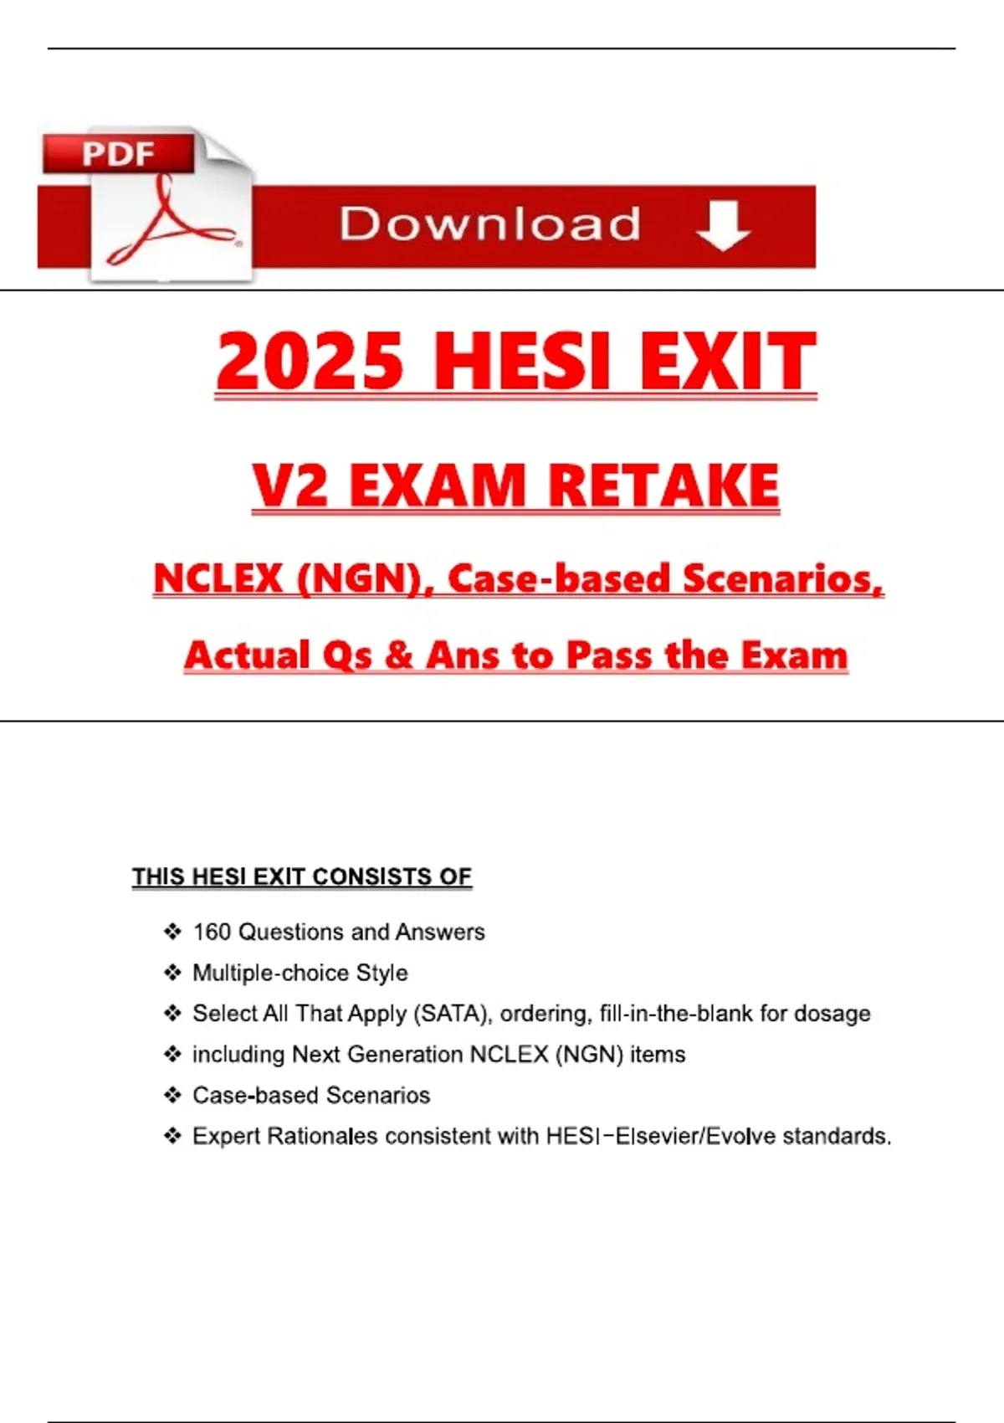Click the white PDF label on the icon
[118, 154]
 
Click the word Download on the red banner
[490, 224]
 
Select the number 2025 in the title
[310, 361]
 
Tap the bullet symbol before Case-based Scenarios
[172, 1095]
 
